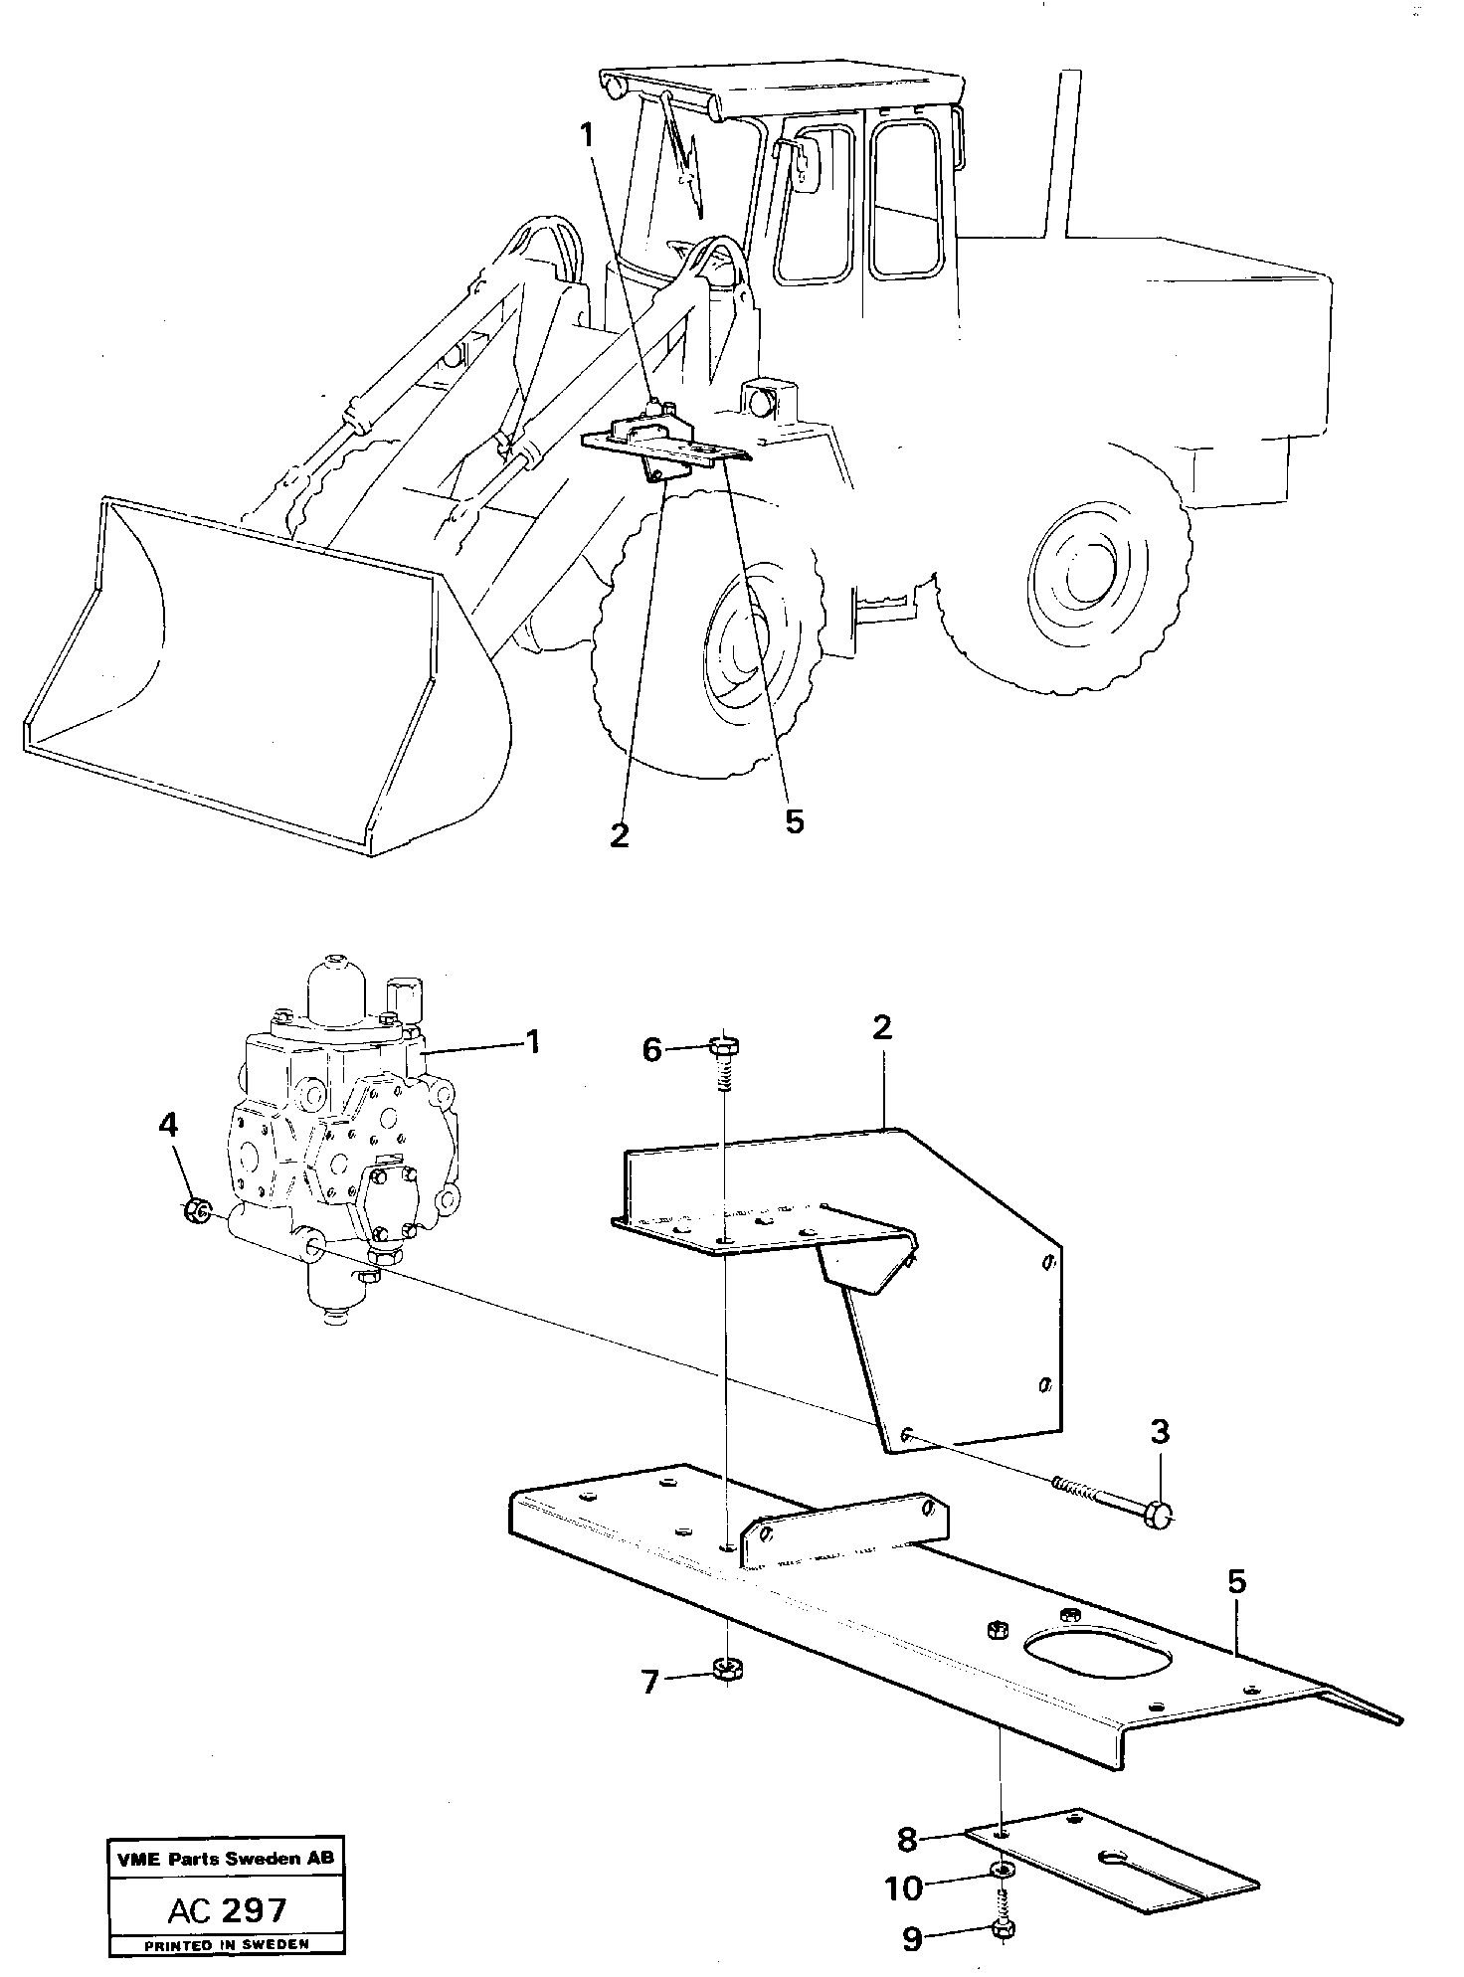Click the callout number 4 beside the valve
(168, 1126)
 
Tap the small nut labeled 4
(197, 1210)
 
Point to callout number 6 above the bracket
(651, 1049)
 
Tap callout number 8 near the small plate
(906, 1840)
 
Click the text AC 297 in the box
(227, 1909)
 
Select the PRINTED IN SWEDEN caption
(227, 1943)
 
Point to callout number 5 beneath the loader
(793, 822)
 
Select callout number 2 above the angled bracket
(881, 1027)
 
